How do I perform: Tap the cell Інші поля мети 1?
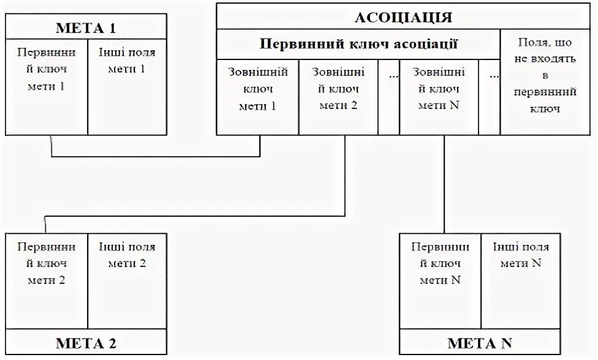pyautogui.click(x=127, y=61)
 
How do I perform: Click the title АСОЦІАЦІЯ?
pyautogui.click(x=403, y=17)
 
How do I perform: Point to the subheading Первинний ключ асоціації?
pyautogui.click(x=358, y=44)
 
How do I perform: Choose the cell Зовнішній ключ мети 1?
pyautogui.click(x=257, y=89)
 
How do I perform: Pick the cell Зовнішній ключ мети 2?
pyautogui.click(x=338, y=89)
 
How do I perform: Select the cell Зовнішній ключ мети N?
pyautogui.click(x=438, y=89)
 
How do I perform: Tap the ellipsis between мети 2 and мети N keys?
pyautogui.click(x=388, y=77)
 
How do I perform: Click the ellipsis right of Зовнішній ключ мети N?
pyautogui.click(x=489, y=77)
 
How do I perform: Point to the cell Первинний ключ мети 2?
pyautogui.click(x=46, y=264)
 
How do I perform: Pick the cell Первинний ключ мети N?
pyautogui.click(x=441, y=264)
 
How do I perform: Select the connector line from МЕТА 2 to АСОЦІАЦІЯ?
pyautogui.click(x=196, y=216)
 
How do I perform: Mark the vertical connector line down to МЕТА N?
pyautogui.click(x=444, y=184)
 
